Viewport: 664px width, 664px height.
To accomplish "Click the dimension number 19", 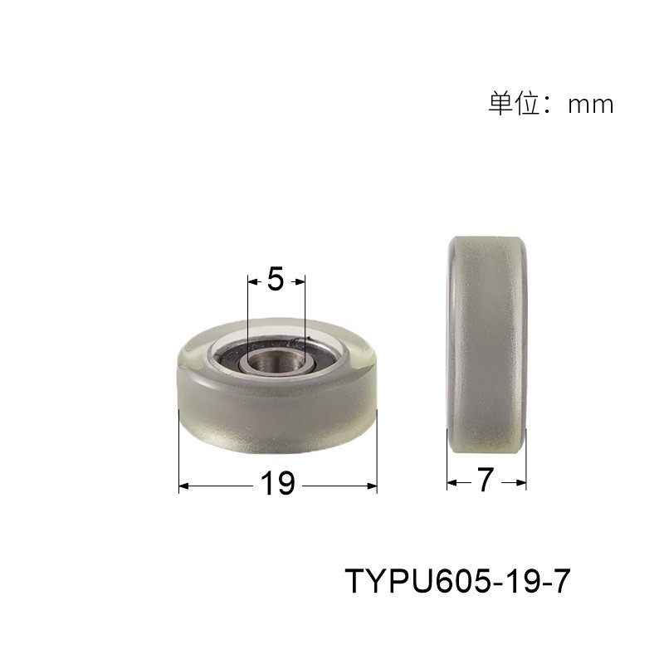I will click(278, 484).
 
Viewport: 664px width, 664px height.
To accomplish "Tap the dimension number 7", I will click(486, 481).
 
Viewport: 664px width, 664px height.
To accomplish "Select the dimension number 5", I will click(276, 281).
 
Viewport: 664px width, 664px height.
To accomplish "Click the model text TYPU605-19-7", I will click(457, 581).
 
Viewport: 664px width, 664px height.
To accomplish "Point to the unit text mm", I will click(590, 105).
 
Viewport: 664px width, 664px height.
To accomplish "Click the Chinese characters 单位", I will click(512, 104).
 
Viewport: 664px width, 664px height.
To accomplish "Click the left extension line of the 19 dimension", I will click(179, 448).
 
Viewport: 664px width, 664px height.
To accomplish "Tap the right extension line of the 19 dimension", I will click(377, 448).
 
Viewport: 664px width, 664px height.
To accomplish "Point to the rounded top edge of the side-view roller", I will click(487, 241).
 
